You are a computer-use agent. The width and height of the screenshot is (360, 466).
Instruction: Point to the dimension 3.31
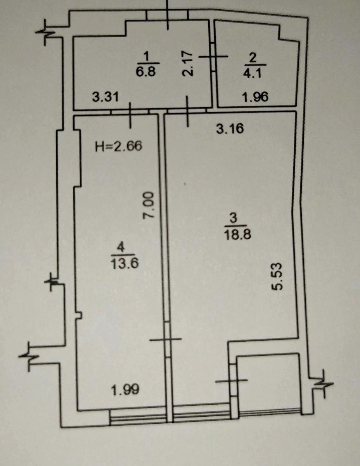105,96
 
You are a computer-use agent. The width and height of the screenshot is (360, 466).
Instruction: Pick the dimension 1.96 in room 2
255,97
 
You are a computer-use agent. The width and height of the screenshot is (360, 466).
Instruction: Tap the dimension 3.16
230,129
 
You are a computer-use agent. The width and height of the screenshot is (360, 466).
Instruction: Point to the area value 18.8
234,234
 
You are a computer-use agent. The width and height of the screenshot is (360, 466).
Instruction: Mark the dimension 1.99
125,389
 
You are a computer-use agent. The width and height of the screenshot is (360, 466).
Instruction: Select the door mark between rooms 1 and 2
213,56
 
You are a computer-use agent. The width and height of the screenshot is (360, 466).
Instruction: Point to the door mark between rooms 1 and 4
130,115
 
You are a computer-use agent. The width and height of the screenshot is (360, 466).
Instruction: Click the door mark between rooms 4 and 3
166,339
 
